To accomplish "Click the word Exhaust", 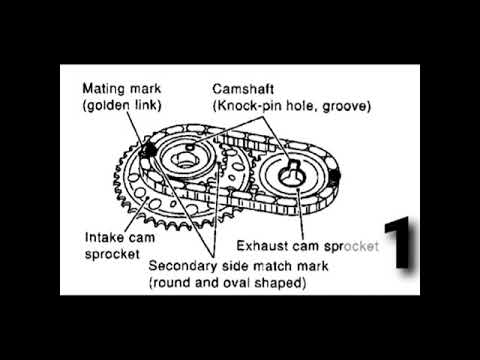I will pos(263,244).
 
